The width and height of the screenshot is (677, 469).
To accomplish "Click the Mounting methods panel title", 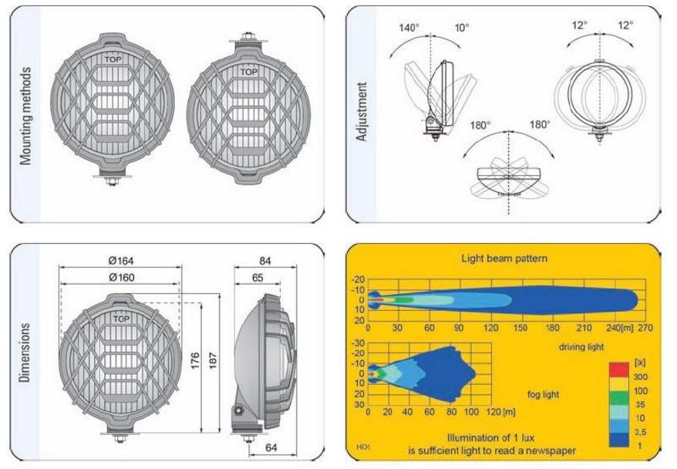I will click(26, 116).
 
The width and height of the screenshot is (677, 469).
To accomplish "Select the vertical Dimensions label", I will click(25, 356).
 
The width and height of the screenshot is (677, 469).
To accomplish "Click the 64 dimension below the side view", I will click(271, 446).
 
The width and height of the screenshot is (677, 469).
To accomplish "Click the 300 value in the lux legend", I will click(639, 376).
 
